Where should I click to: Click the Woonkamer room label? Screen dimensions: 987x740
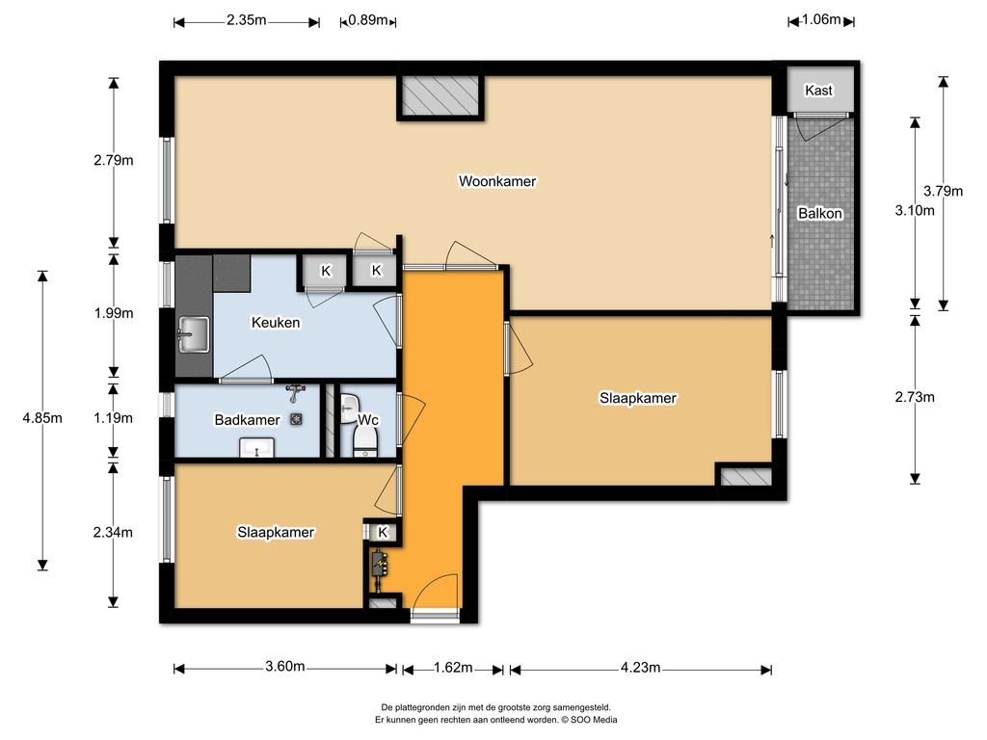(497, 181)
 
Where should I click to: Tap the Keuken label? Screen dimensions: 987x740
(276, 322)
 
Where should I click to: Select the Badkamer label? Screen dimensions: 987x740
(247, 420)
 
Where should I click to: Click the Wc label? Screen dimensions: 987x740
(368, 420)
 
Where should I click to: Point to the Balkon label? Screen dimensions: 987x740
(820, 213)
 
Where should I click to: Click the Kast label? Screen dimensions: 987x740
(819, 91)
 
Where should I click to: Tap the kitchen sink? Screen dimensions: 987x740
(193, 334)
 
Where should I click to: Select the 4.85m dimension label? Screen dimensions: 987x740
(42, 418)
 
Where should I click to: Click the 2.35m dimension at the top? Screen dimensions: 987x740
(246, 20)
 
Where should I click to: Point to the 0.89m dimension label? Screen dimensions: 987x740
(368, 20)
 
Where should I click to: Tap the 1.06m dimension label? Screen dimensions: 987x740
(821, 19)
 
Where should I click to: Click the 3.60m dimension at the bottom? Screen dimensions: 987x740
(285, 667)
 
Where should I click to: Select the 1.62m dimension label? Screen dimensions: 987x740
(453, 667)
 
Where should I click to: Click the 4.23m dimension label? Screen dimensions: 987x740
(640, 667)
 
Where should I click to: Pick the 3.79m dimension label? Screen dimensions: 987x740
(943, 191)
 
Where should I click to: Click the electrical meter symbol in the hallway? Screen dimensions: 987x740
(379, 565)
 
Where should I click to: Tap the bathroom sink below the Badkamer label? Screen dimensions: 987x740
(256, 448)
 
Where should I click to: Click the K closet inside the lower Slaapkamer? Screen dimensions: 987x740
(382, 532)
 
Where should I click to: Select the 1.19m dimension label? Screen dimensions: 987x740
(114, 418)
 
